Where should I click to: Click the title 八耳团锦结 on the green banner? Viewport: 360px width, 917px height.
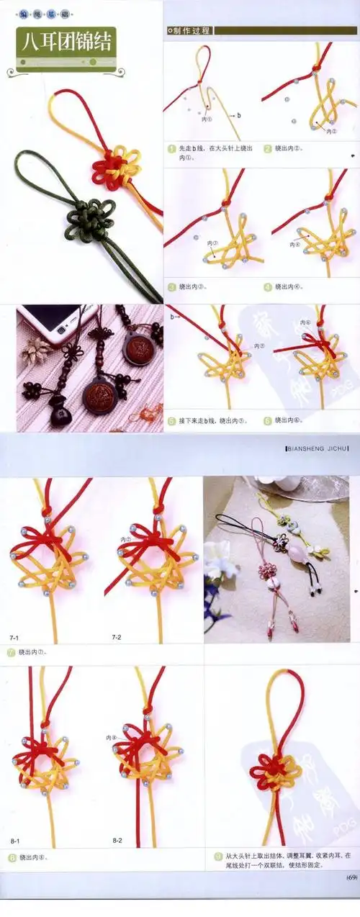(66, 41)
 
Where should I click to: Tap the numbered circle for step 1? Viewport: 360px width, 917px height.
(171, 149)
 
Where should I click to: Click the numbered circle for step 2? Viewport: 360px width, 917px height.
(267, 149)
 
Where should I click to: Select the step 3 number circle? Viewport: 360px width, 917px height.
(171, 286)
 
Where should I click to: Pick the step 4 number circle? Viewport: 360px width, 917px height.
(267, 286)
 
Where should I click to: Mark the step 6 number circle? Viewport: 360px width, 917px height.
(267, 420)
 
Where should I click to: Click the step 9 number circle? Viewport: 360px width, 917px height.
(218, 856)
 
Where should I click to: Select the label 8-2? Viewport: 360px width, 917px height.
(117, 841)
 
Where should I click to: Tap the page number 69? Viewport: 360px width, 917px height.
(351, 877)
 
